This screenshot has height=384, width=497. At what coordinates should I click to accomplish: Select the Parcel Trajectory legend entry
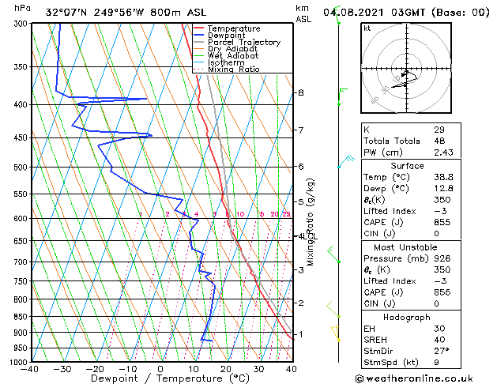click(x=243, y=43)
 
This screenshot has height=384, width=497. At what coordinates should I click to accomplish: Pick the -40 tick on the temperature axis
click(x=30, y=369)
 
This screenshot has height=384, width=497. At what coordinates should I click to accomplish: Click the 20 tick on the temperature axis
click(x=225, y=369)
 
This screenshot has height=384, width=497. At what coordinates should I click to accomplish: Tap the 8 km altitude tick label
click(x=300, y=93)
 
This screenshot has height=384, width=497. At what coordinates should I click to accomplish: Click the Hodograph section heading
click(x=407, y=316)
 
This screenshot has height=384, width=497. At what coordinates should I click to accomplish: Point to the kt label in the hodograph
click(x=367, y=28)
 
